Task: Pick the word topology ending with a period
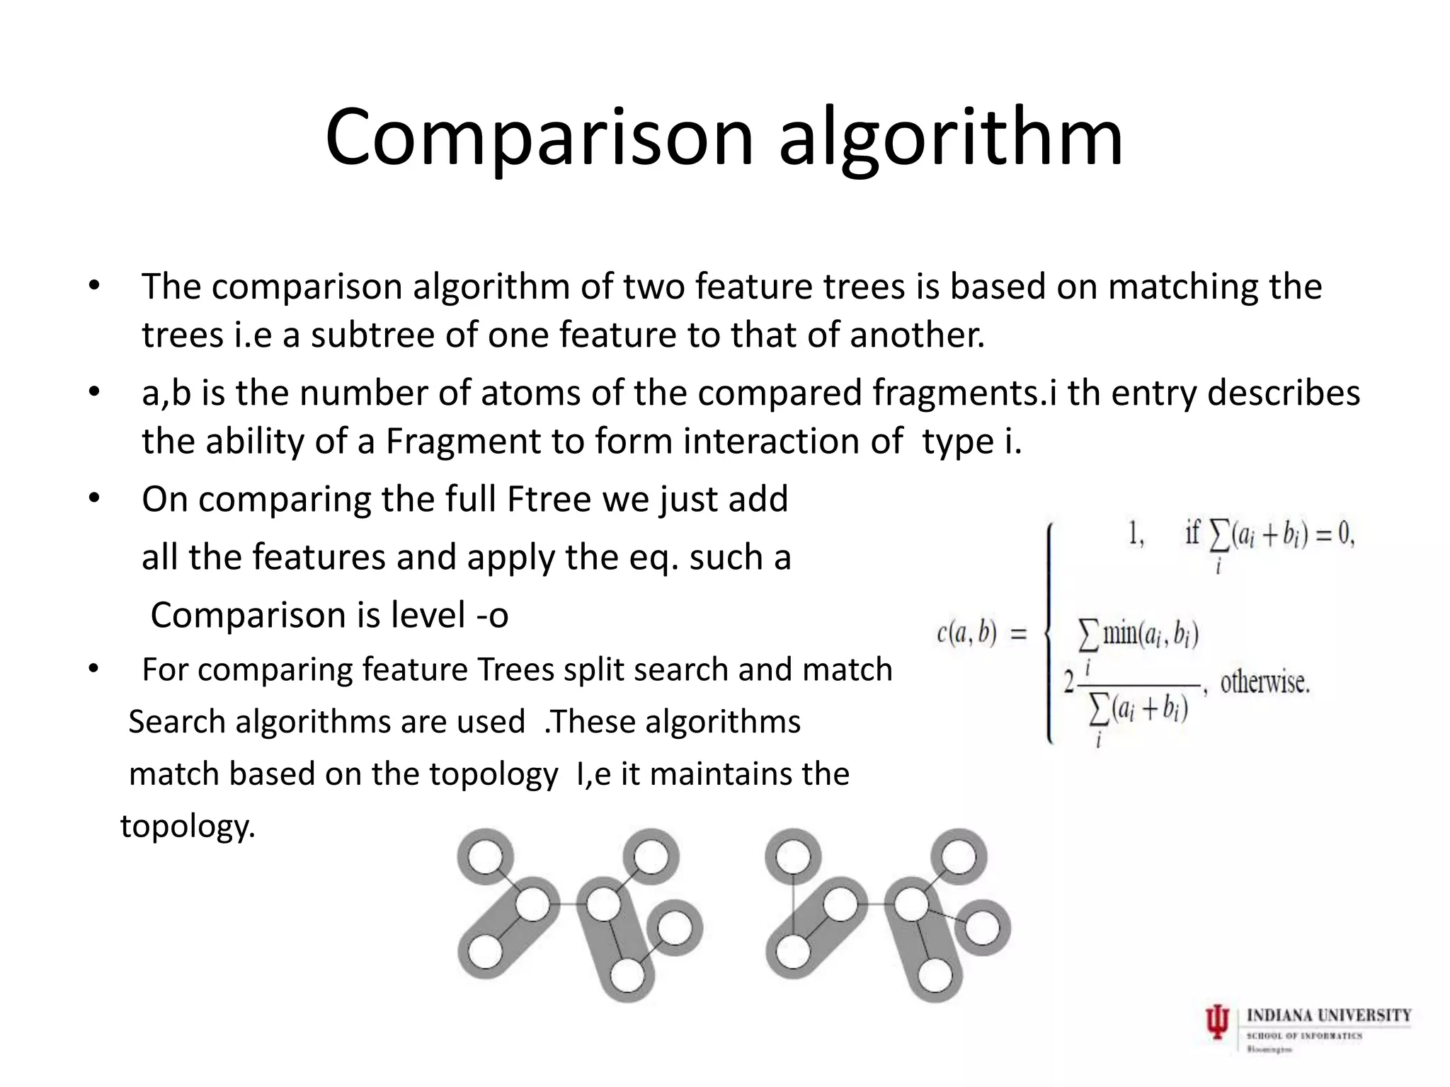188,826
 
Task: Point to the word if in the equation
1193,533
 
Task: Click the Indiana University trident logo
1217,1023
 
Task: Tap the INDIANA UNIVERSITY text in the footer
1328,1016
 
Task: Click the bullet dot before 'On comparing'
95,499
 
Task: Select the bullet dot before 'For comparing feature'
95,669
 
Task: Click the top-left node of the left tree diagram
485,858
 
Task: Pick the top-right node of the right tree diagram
958,858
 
